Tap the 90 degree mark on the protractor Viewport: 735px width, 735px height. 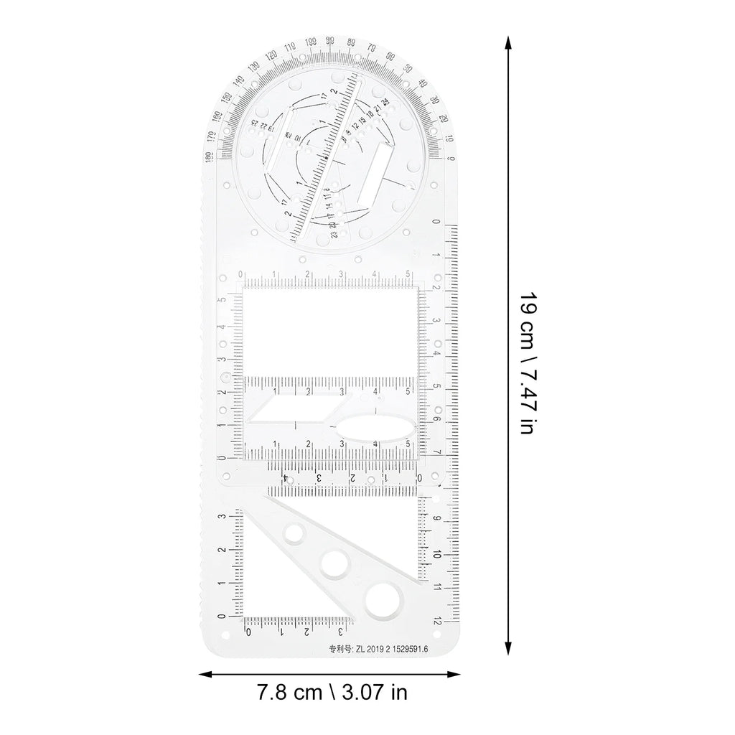point(329,41)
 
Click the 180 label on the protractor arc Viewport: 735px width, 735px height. point(207,157)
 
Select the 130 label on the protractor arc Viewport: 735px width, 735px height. point(253,68)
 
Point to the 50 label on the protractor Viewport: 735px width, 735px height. point(407,68)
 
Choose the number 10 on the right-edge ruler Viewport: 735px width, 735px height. point(437,554)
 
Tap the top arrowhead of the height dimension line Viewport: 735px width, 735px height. point(509,42)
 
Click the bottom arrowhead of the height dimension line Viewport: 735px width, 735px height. point(509,650)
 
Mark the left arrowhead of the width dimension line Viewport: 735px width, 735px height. point(203,674)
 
